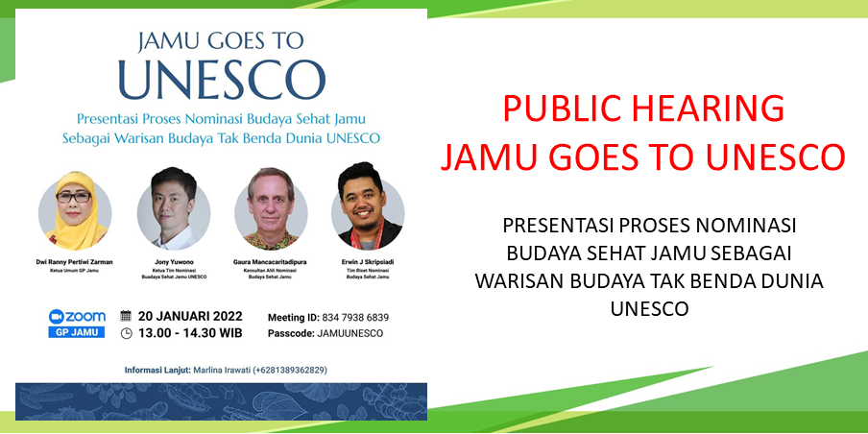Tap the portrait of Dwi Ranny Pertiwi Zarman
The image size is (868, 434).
pyautogui.click(x=75, y=210)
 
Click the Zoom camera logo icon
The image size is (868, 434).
pyautogui.click(x=57, y=316)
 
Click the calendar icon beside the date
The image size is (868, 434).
pyautogui.click(x=126, y=316)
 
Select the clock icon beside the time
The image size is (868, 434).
pyautogui.click(x=126, y=333)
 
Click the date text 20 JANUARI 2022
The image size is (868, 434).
pyautogui.click(x=190, y=316)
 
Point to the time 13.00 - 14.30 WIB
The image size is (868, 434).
pyautogui.click(x=190, y=333)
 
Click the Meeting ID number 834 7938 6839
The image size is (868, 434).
pyautogui.click(x=355, y=317)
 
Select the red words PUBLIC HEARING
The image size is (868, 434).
pyautogui.click(x=643, y=108)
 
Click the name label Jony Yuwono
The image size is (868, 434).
pyautogui.click(x=173, y=261)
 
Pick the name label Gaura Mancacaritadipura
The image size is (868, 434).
pyautogui.click(x=271, y=261)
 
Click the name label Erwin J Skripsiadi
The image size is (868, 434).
pyautogui.click(x=368, y=261)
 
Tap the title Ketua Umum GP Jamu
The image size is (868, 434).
pyautogui.click(x=75, y=271)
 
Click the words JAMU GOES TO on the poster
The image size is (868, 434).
pyautogui.click(x=221, y=40)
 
